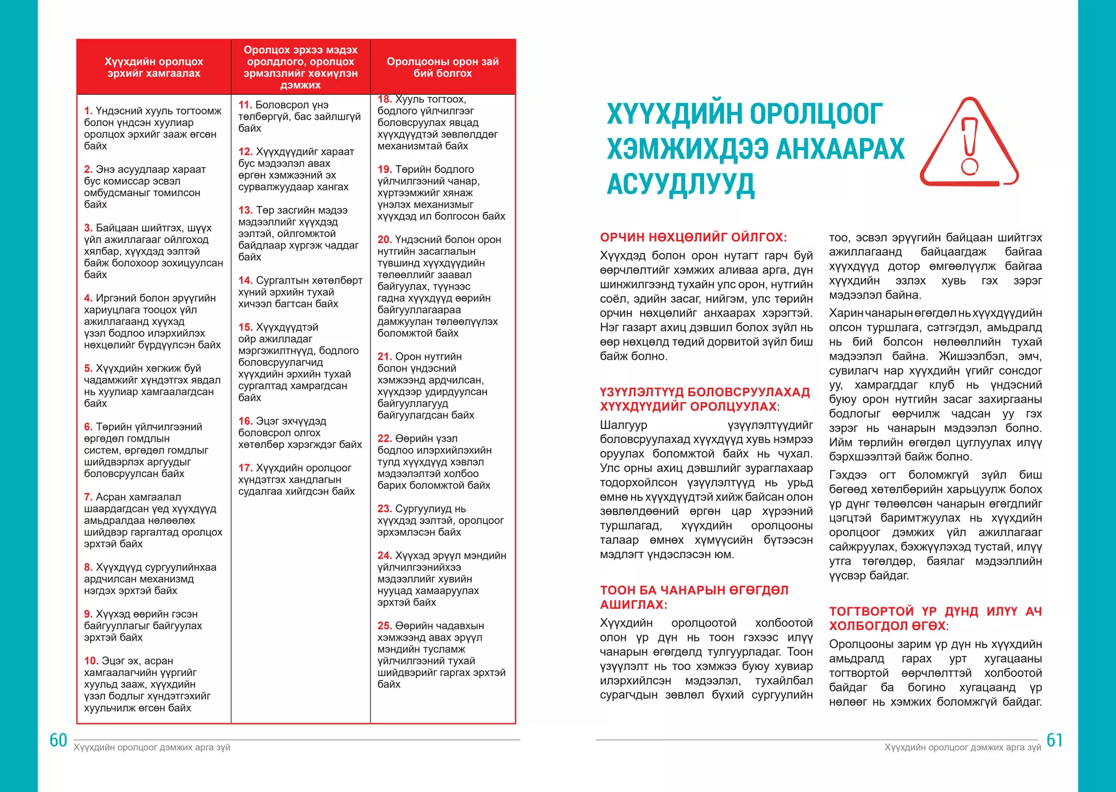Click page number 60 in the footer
point(58,740)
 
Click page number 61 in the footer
point(1054,740)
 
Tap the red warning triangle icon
point(969,143)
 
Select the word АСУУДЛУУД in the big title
point(681,184)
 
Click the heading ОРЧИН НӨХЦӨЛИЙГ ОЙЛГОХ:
point(693,238)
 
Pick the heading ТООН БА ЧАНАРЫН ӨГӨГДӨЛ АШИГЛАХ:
point(694,597)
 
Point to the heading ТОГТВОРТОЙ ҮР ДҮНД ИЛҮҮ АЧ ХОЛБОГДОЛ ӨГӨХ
point(935,619)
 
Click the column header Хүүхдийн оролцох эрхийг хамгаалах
point(154,68)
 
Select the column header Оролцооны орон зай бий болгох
point(442,68)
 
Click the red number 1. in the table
point(88,111)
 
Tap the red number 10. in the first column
point(91,661)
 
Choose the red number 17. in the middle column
point(245,468)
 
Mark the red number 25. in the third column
point(385,626)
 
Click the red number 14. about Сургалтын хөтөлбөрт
point(245,280)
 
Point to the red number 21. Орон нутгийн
point(385,356)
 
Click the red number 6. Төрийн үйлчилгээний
point(88,427)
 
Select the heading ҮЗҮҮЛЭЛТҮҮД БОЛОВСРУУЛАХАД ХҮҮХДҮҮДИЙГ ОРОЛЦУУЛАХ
point(705,400)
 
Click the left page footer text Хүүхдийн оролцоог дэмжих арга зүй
point(152,747)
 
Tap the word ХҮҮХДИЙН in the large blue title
point(674,114)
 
